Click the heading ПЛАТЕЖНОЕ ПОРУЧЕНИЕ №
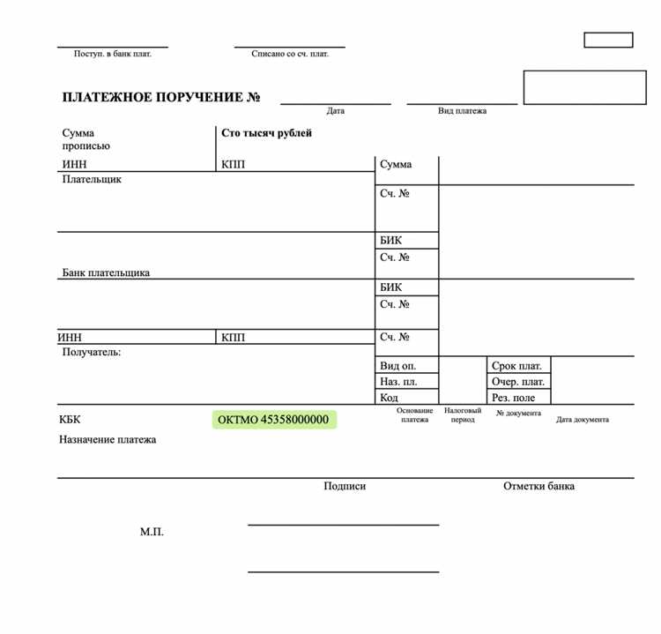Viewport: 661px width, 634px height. click(x=161, y=98)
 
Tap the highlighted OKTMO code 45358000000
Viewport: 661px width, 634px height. click(x=273, y=420)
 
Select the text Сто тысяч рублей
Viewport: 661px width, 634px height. click(x=266, y=133)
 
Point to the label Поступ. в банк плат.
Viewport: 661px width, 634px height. click(x=112, y=54)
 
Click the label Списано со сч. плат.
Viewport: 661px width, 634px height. click(x=290, y=54)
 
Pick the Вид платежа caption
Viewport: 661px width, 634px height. click(x=462, y=111)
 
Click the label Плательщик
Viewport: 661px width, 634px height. click(x=92, y=179)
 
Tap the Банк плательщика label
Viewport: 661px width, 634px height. click(x=106, y=272)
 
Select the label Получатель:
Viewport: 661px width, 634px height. click(x=92, y=352)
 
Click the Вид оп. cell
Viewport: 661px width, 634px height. click(x=397, y=365)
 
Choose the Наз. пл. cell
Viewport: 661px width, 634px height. click(x=397, y=382)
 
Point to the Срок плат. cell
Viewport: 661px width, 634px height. click(x=516, y=365)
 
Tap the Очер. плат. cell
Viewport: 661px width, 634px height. click(x=518, y=382)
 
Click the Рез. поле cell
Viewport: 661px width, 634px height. click(x=514, y=398)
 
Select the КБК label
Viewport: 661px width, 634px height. click(x=70, y=420)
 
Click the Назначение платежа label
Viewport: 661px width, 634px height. click(x=108, y=439)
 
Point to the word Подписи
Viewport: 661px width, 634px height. click(x=345, y=486)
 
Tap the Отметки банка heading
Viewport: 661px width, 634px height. click(x=538, y=486)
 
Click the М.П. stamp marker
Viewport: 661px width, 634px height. click(x=152, y=532)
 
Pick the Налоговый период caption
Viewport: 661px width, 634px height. click(x=462, y=414)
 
